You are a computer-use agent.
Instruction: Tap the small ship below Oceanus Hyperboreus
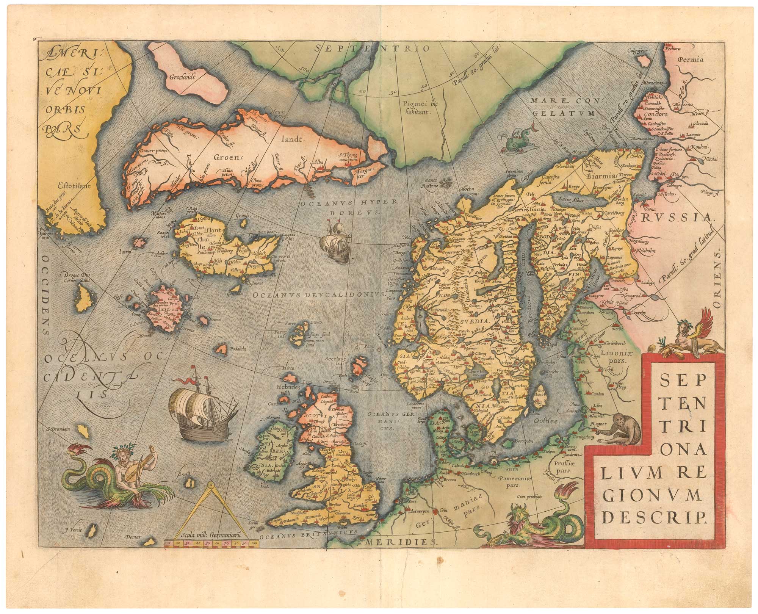tap(335, 240)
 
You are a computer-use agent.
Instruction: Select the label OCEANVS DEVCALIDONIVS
tap(318, 294)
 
